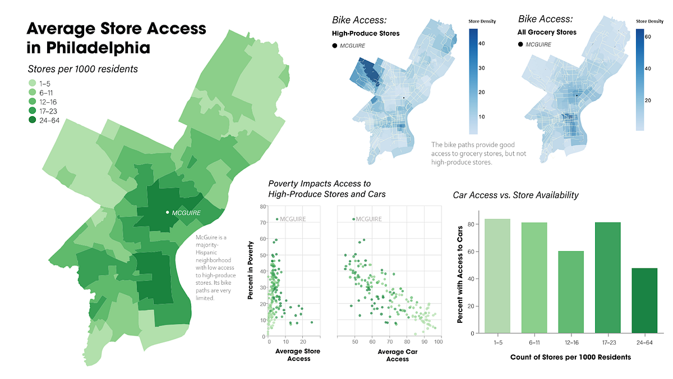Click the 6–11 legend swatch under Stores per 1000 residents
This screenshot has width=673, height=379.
[x=32, y=92]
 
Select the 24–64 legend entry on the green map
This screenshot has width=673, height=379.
[x=32, y=120]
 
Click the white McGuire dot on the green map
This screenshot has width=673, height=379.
[x=168, y=212]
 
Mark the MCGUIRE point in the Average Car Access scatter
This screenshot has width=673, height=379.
[x=353, y=219]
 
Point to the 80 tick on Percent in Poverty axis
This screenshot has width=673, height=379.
[x=262, y=207]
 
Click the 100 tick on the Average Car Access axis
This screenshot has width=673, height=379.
[x=438, y=341]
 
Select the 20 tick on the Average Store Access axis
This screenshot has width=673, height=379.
[x=302, y=341]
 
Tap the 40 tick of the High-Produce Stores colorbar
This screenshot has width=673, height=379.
[x=481, y=43]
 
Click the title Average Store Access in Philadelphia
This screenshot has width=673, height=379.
[x=116, y=38]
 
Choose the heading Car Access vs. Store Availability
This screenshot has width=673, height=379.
[x=515, y=195]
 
